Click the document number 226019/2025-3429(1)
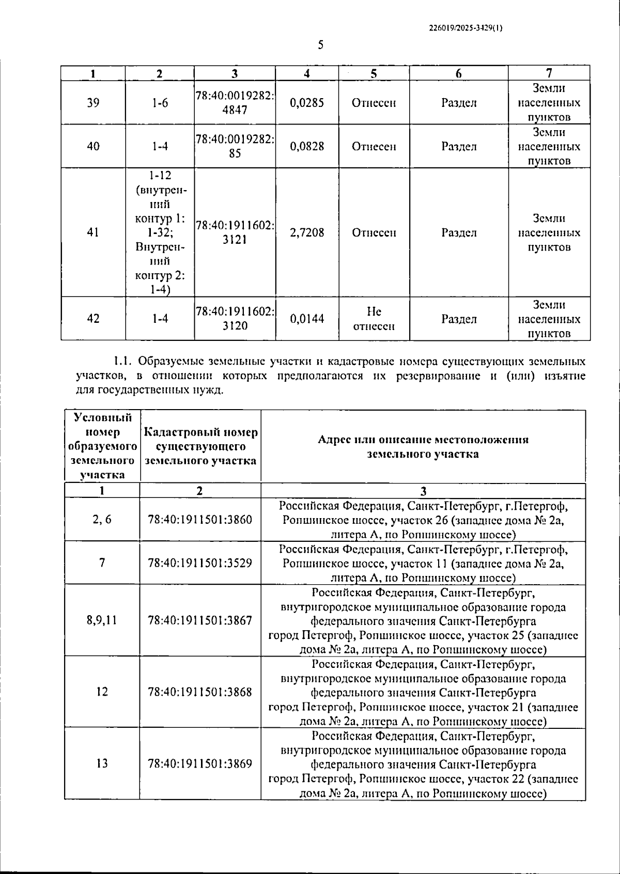point(466,29)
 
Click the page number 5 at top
point(320,45)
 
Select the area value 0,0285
point(307,103)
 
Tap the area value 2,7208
point(307,232)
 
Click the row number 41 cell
point(93,232)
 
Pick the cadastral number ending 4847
point(235,103)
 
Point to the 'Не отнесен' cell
point(374,319)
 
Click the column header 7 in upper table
point(549,73)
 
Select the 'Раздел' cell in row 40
point(459,146)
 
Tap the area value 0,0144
point(307,319)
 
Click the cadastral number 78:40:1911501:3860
point(200,520)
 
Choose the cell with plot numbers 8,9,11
point(102,620)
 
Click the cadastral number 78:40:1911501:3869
point(200,763)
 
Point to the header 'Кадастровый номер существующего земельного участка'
point(200,446)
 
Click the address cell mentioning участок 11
point(423,563)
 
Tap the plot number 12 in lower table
point(102,692)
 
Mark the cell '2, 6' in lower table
point(102,520)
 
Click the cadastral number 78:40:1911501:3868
point(200,692)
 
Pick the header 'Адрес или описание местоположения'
point(423,440)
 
